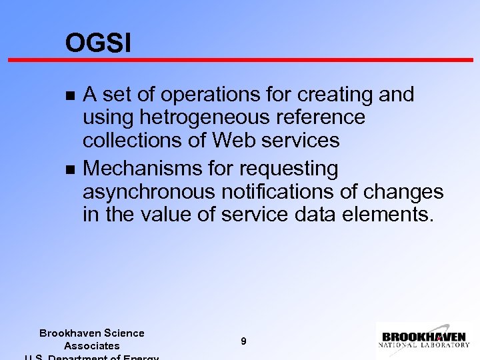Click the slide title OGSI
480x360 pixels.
(x=98, y=44)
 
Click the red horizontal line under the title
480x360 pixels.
(x=240, y=60)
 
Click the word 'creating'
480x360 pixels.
(x=331, y=95)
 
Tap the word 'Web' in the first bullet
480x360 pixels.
(x=231, y=140)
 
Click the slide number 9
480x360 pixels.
(x=243, y=341)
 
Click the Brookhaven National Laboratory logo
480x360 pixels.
(x=424, y=339)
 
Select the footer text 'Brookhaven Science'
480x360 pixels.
(x=92, y=333)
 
